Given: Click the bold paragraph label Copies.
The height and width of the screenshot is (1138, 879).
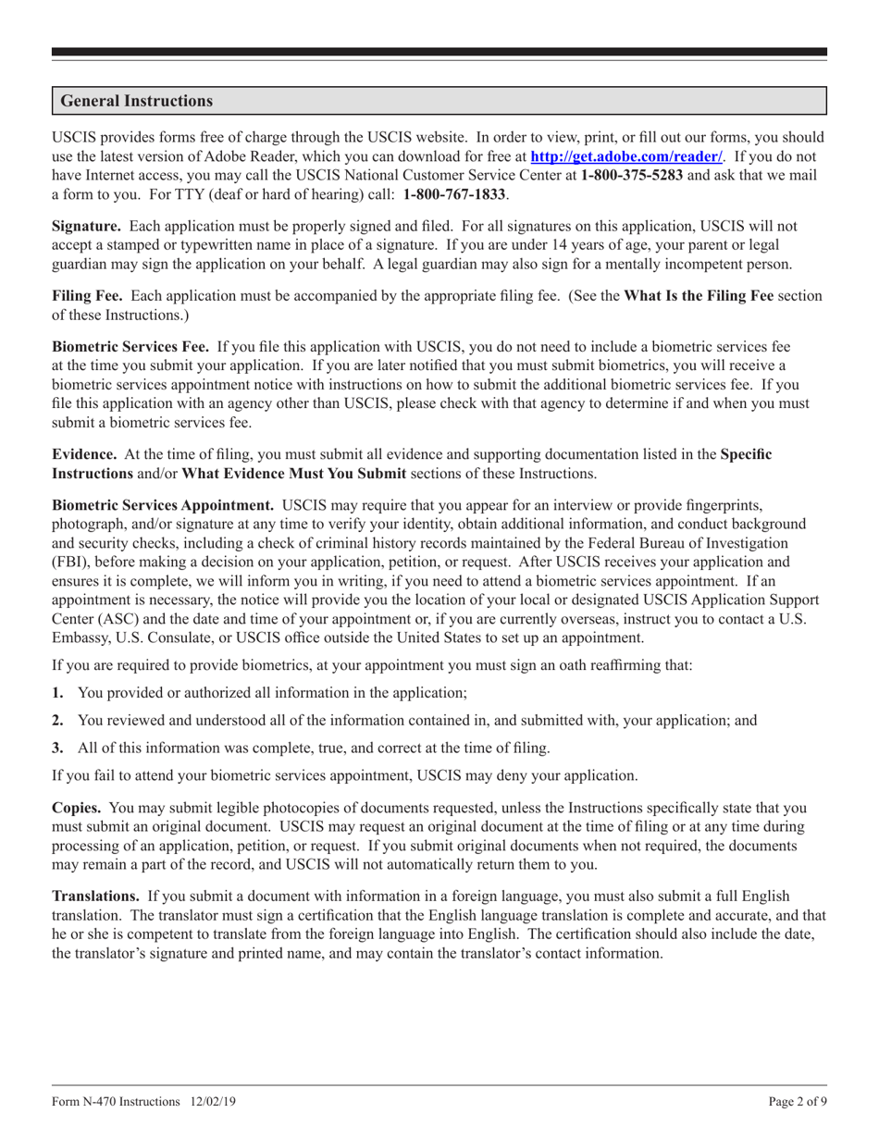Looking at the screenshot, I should pos(76,807).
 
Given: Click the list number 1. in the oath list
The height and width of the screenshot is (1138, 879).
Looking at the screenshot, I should pos(57,692).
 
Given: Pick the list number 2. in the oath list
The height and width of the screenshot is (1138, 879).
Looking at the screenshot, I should pos(57,720).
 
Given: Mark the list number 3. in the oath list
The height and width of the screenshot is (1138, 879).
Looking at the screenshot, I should pos(57,748).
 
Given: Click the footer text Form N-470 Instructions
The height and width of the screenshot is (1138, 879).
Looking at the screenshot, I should pos(117,1102).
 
